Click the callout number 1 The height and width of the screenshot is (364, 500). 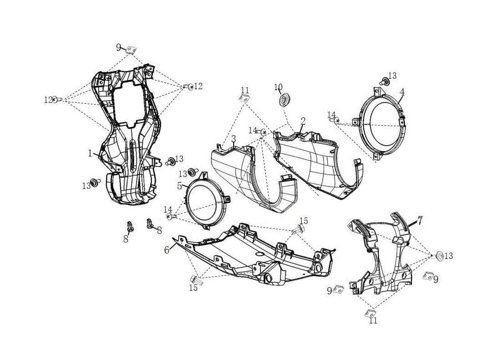[90, 153]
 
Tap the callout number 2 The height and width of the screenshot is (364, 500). [303, 121]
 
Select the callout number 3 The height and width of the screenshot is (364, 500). [233, 138]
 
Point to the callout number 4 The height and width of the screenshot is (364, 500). [402, 92]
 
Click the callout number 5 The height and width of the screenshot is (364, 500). [180, 186]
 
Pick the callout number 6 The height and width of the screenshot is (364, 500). [167, 250]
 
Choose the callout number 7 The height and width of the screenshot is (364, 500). [420, 220]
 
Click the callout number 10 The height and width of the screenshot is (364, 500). [278, 87]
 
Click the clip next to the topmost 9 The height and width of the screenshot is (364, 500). [132, 49]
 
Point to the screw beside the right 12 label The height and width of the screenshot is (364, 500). [189, 86]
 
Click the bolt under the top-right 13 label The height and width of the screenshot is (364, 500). [385, 82]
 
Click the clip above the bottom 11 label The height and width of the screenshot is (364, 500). [371, 313]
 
